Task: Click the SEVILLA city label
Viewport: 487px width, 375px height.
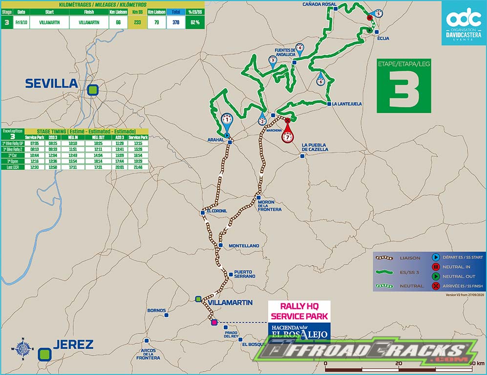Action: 52,83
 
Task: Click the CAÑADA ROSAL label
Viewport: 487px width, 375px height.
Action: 319,4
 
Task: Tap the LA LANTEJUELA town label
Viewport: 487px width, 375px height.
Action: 347,104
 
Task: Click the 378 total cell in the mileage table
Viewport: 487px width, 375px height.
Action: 175,22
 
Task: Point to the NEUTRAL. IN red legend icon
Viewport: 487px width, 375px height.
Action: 435,267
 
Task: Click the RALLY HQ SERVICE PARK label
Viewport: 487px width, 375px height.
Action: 299,311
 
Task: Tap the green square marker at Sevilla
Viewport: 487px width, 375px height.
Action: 93,90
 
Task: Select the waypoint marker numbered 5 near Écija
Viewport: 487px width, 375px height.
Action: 378,14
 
